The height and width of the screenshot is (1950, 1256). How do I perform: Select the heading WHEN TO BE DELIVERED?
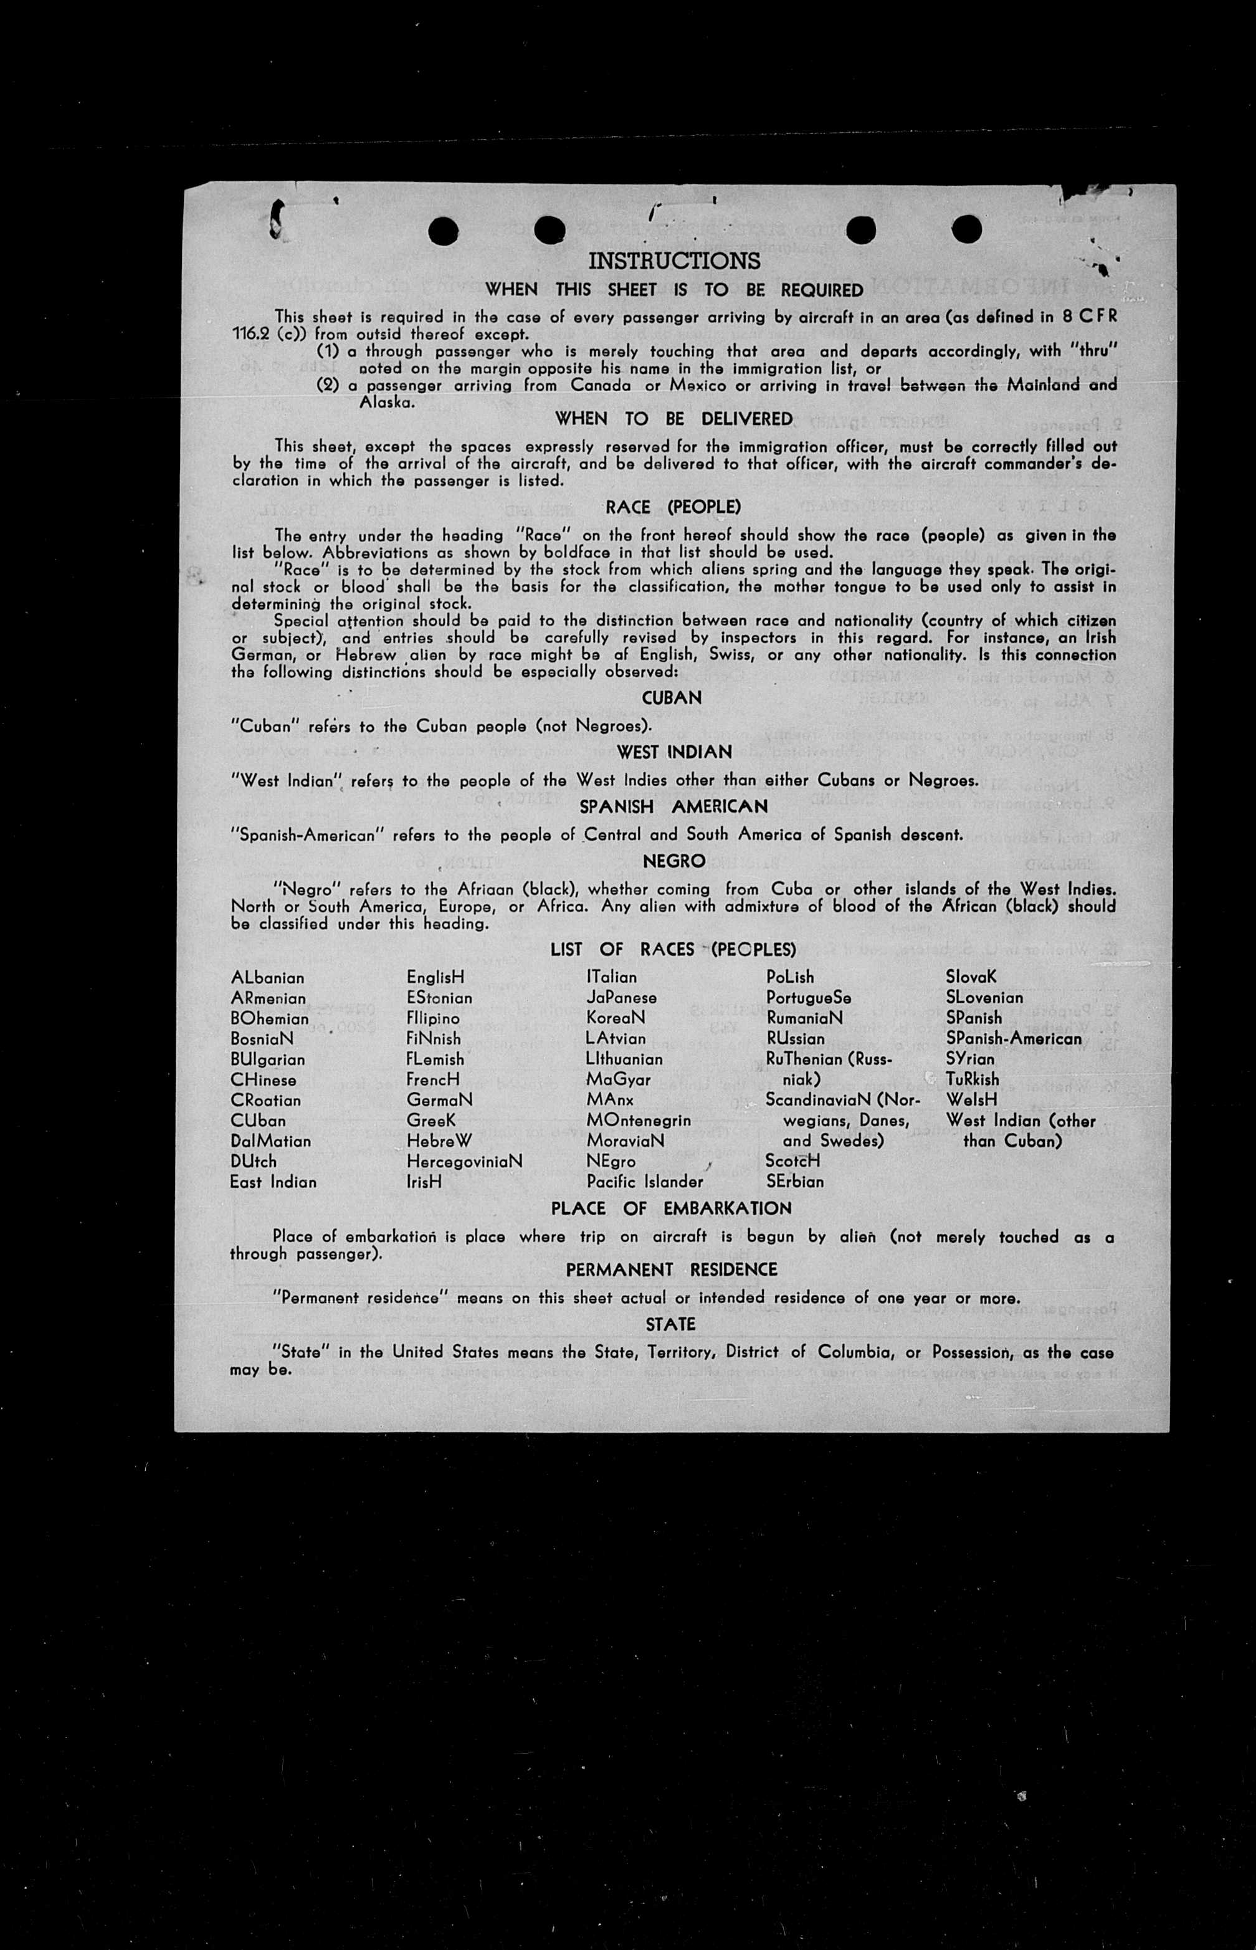[673, 419]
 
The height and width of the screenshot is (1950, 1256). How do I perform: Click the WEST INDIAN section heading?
[673, 752]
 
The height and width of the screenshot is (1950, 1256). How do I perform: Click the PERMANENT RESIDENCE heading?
[671, 1269]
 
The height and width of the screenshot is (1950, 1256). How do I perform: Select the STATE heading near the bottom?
[670, 1324]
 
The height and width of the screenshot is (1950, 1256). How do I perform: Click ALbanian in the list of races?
[267, 977]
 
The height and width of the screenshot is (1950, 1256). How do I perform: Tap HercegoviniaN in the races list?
[464, 1161]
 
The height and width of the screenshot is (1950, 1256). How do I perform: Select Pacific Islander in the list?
[644, 1182]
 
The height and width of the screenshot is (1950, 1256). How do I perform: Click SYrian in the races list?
[970, 1059]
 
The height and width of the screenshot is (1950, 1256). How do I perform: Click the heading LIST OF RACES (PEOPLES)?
[673, 950]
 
